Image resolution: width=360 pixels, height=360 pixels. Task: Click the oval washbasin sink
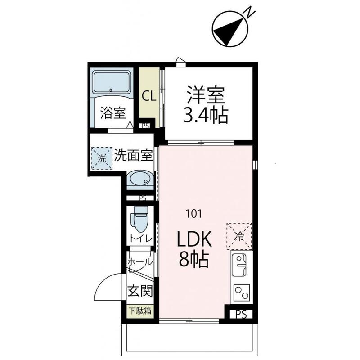coord(140,180)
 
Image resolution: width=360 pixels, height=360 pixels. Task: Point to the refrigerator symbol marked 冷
coord(240,235)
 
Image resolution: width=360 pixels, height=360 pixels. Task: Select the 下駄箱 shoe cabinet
coord(140,311)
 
